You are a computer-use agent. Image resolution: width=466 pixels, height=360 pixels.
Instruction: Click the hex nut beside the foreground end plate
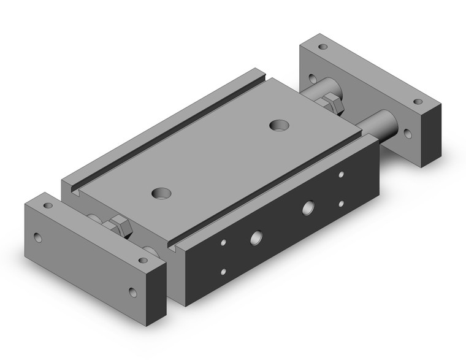pos(120,228)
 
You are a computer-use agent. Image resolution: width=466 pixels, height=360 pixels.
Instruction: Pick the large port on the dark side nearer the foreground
pos(255,237)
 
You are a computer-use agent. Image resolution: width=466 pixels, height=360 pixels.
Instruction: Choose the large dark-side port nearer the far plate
pos(307,207)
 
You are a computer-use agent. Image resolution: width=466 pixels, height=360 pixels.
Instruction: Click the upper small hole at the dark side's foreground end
pos(224,242)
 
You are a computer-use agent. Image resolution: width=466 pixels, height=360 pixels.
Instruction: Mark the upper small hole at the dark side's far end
pos(341,175)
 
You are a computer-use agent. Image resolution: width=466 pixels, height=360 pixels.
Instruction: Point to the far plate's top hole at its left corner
pos(323,47)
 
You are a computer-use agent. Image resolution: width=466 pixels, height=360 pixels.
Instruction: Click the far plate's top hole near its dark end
pos(418,101)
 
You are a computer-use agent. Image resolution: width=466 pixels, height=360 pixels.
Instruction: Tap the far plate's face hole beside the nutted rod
pos(312,79)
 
